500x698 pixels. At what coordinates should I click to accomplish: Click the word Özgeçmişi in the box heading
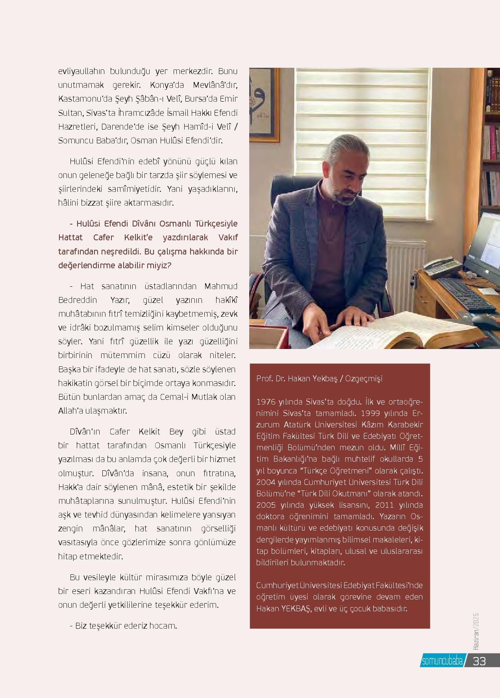(x=363, y=379)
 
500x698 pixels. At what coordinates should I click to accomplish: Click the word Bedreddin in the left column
(x=78, y=300)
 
